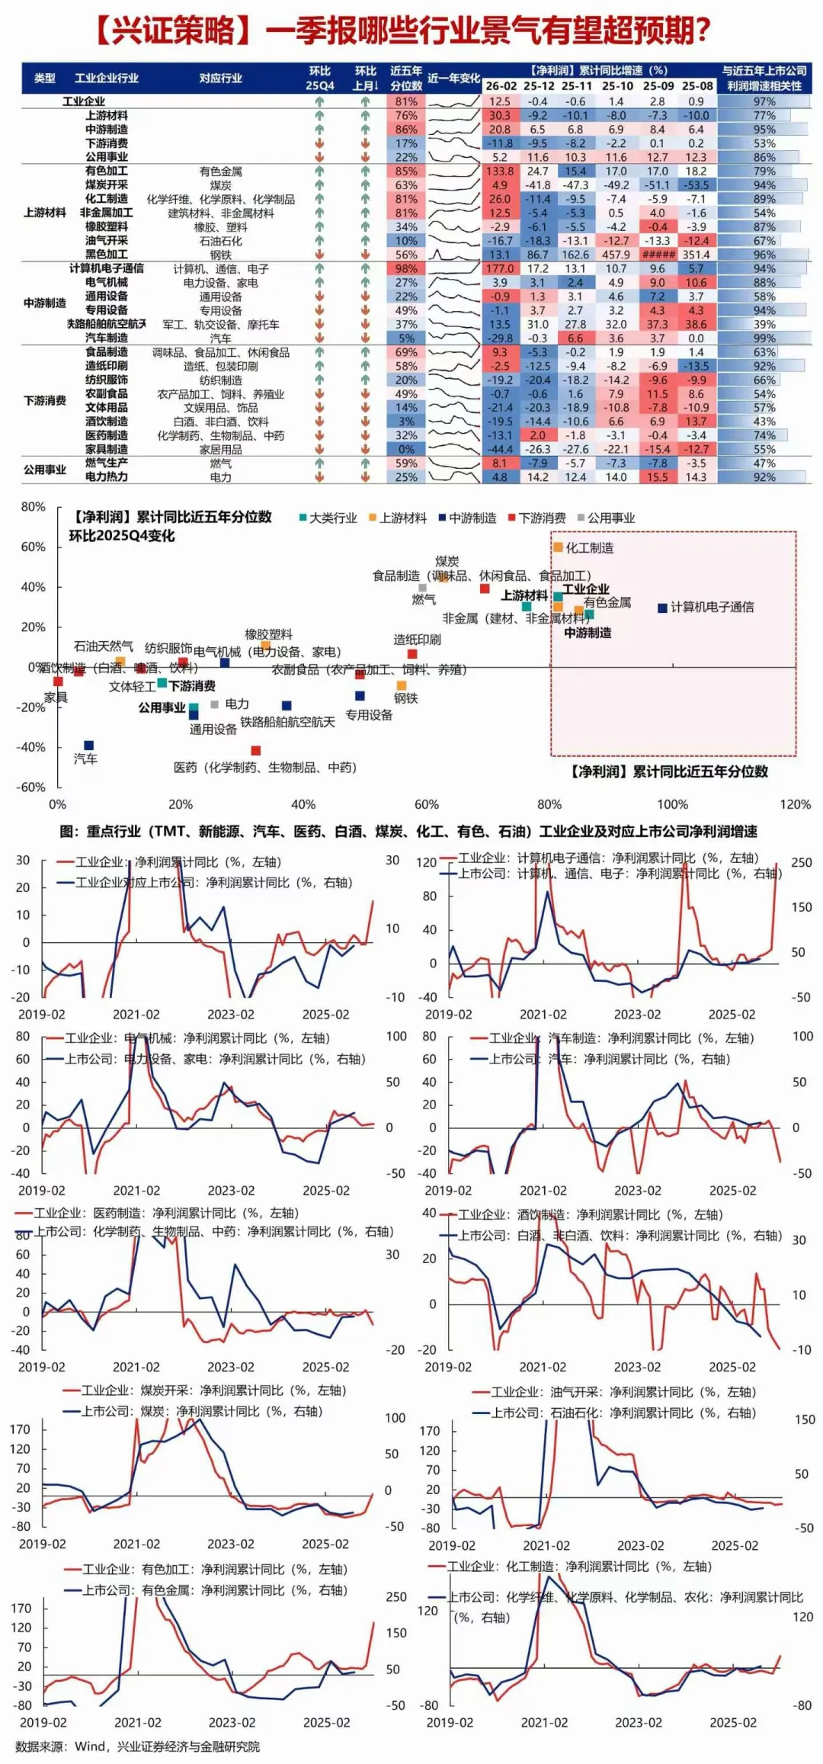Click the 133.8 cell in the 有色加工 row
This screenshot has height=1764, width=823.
[x=500, y=172]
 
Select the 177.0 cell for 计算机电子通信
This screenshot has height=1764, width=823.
[x=500, y=268]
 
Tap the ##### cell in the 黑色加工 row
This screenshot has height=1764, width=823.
[x=657, y=255]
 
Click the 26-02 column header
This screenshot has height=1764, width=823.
[x=501, y=86]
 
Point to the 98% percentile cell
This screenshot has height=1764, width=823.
[x=406, y=268]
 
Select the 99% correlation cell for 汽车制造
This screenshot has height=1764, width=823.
[x=764, y=338]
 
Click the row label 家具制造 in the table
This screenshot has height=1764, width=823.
[x=107, y=449]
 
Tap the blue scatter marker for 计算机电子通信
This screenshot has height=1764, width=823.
[x=663, y=608]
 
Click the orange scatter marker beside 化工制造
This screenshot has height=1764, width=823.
[x=558, y=547]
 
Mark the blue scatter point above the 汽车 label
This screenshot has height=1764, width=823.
[x=88, y=746]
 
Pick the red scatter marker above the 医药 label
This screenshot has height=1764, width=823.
[x=256, y=751]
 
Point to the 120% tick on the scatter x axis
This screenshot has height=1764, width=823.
[x=795, y=804]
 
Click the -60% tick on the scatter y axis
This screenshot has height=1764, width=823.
[x=32, y=787]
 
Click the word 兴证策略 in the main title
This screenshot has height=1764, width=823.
[x=173, y=30]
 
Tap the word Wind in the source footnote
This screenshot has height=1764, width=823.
[x=91, y=1746]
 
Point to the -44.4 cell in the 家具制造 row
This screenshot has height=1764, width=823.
[x=500, y=449]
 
